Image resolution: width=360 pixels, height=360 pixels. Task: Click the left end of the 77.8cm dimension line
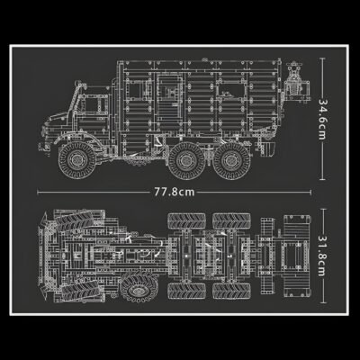coord(38,192)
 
